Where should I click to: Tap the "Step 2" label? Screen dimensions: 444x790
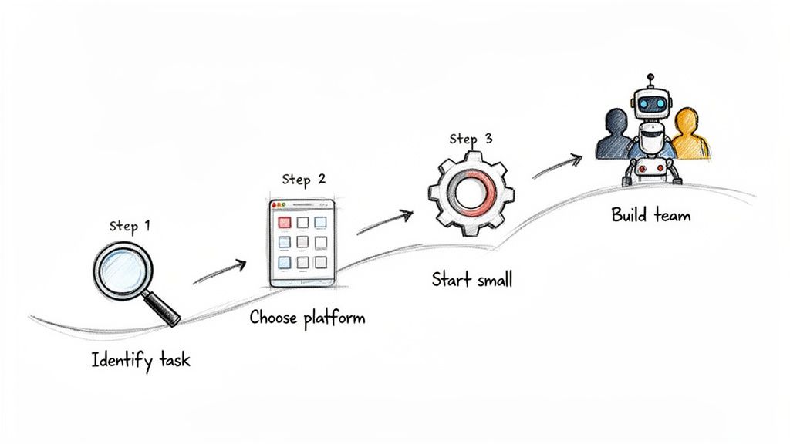pyautogui.click(x=303, y=180)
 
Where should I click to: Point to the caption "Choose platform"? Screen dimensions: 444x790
pyautogui.click(x=307, y=318)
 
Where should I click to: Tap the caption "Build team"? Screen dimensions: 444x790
pyautogui.click(x=651, y=214)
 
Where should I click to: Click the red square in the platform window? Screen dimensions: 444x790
pyautogui.click(x=284, y=222)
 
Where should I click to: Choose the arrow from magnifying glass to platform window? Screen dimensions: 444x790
pyautogui.click(x=219, y=272)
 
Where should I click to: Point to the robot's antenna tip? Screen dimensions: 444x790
pyautogui.click(x=650, y=77)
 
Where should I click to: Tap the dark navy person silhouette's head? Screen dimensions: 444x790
pyautogui.click(x=616, y=121)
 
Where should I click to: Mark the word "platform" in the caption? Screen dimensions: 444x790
pyautogui.click(x=334, y=318)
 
